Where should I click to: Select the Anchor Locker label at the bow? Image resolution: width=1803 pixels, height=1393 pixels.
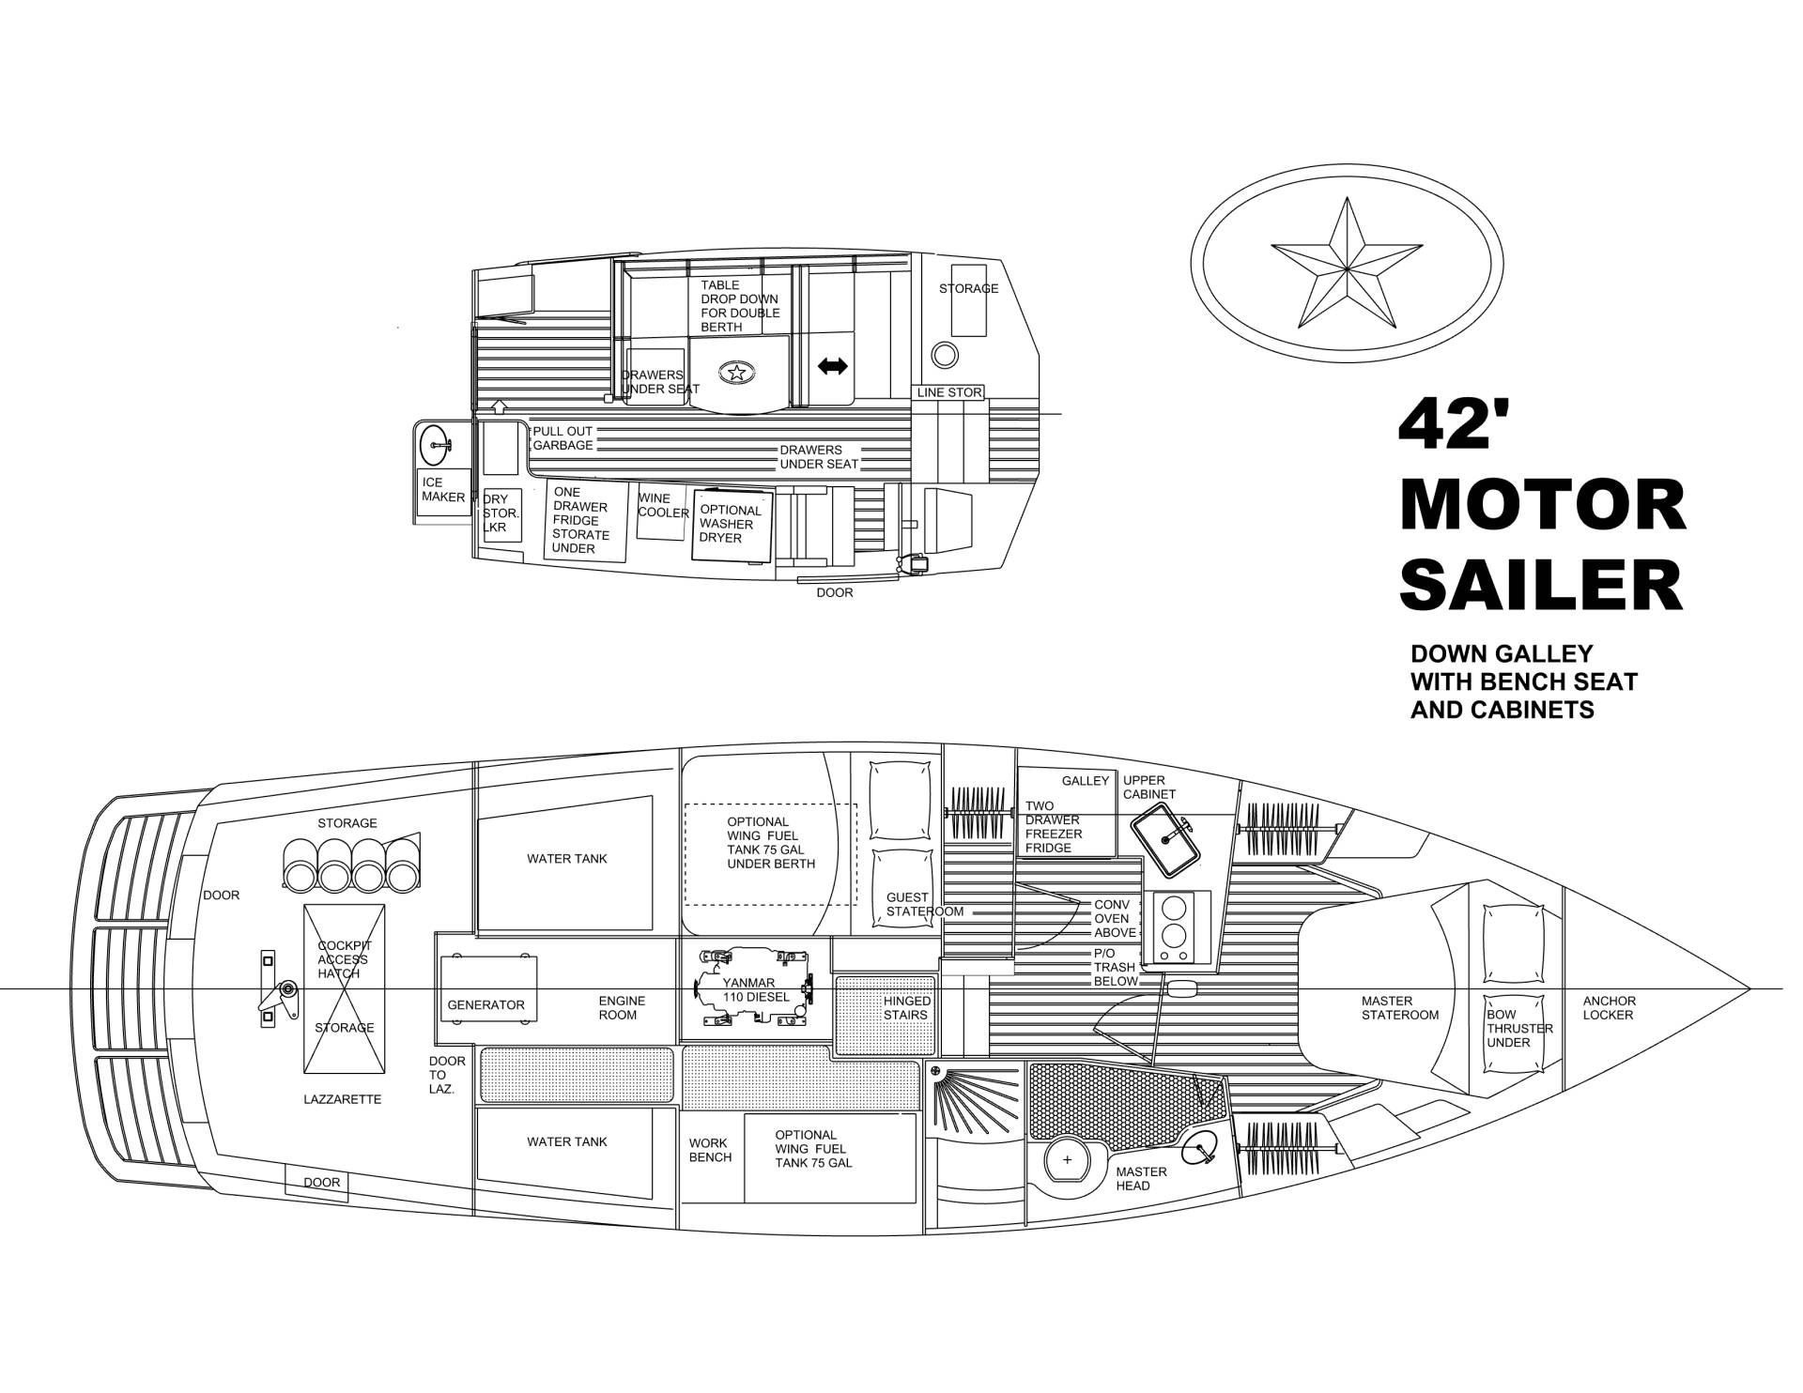(x=1610, y=1008)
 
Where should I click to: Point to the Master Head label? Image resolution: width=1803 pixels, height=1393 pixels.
(x=1141, y=1178)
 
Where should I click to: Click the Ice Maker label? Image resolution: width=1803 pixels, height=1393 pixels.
(x=443, y=490)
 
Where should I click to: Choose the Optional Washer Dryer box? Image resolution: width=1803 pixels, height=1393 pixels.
(x=732, y=525)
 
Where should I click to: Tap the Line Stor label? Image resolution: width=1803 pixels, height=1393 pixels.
(x=949, y=392)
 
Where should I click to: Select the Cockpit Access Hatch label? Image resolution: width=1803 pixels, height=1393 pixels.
(x=343, y=959)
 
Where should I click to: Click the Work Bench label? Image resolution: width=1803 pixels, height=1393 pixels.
(x=710, y=1150)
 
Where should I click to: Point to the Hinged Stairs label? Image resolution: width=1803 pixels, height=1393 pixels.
(x=906, y=1008)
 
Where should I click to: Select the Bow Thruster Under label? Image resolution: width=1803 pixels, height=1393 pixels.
(x=1518, y=1029)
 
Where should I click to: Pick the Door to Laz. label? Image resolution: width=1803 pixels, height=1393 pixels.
(x=446, y=1075)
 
